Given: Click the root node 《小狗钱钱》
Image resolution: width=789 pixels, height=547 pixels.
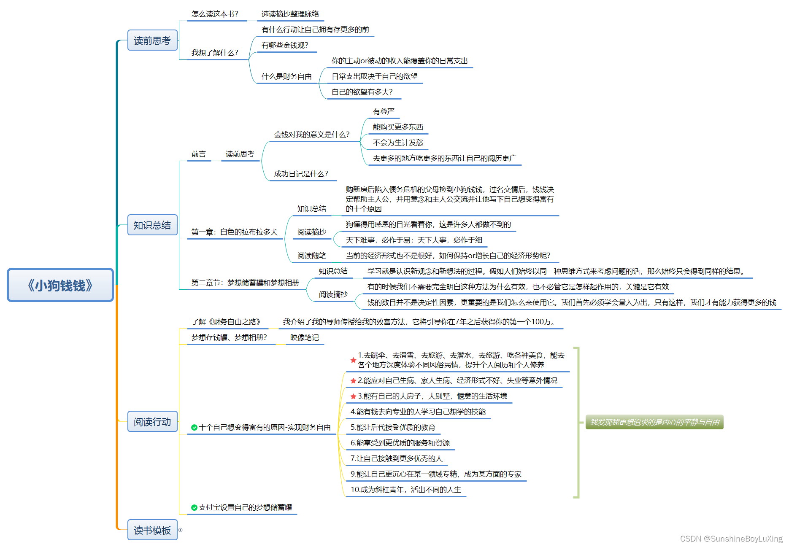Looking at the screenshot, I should [60, 285].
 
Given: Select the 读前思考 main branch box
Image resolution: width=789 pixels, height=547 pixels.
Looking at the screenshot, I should [152, 40].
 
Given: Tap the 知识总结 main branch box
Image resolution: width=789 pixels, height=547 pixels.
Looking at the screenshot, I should [152, 225].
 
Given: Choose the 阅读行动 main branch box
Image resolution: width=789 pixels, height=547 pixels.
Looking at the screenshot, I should [152, 422].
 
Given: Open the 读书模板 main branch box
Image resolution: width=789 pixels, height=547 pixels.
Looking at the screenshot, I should [152, 530].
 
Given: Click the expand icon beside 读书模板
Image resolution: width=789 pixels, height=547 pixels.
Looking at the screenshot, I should [181, 530].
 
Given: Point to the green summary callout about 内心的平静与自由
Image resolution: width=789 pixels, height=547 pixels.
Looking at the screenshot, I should [654, 422].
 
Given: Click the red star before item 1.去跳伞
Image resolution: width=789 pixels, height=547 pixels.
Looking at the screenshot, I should [353, 360].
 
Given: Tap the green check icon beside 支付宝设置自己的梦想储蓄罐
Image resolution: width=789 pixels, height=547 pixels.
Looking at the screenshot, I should [194, 508].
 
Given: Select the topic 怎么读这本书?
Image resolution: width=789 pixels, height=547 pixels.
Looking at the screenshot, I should [215, 14].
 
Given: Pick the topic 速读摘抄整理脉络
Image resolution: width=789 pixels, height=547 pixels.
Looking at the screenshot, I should [290, 14].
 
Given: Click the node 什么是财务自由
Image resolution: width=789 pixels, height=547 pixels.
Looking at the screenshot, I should [286, 76].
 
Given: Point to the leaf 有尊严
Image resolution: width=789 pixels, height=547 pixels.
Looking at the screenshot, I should [383, 111].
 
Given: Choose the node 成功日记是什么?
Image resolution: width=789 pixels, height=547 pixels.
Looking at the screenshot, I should [301, 174].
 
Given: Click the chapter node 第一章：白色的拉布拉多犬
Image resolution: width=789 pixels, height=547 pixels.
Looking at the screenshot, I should [234, 232].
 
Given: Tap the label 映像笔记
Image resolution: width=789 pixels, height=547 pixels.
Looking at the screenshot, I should [304, 338].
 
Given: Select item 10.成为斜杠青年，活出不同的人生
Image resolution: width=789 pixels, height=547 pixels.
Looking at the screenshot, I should [405, 490].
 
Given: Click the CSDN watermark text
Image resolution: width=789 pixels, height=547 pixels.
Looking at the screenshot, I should [731, 539].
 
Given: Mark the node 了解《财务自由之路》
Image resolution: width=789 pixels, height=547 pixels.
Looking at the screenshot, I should [226, 322].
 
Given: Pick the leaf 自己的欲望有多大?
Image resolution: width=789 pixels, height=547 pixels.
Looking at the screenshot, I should [362, 92].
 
